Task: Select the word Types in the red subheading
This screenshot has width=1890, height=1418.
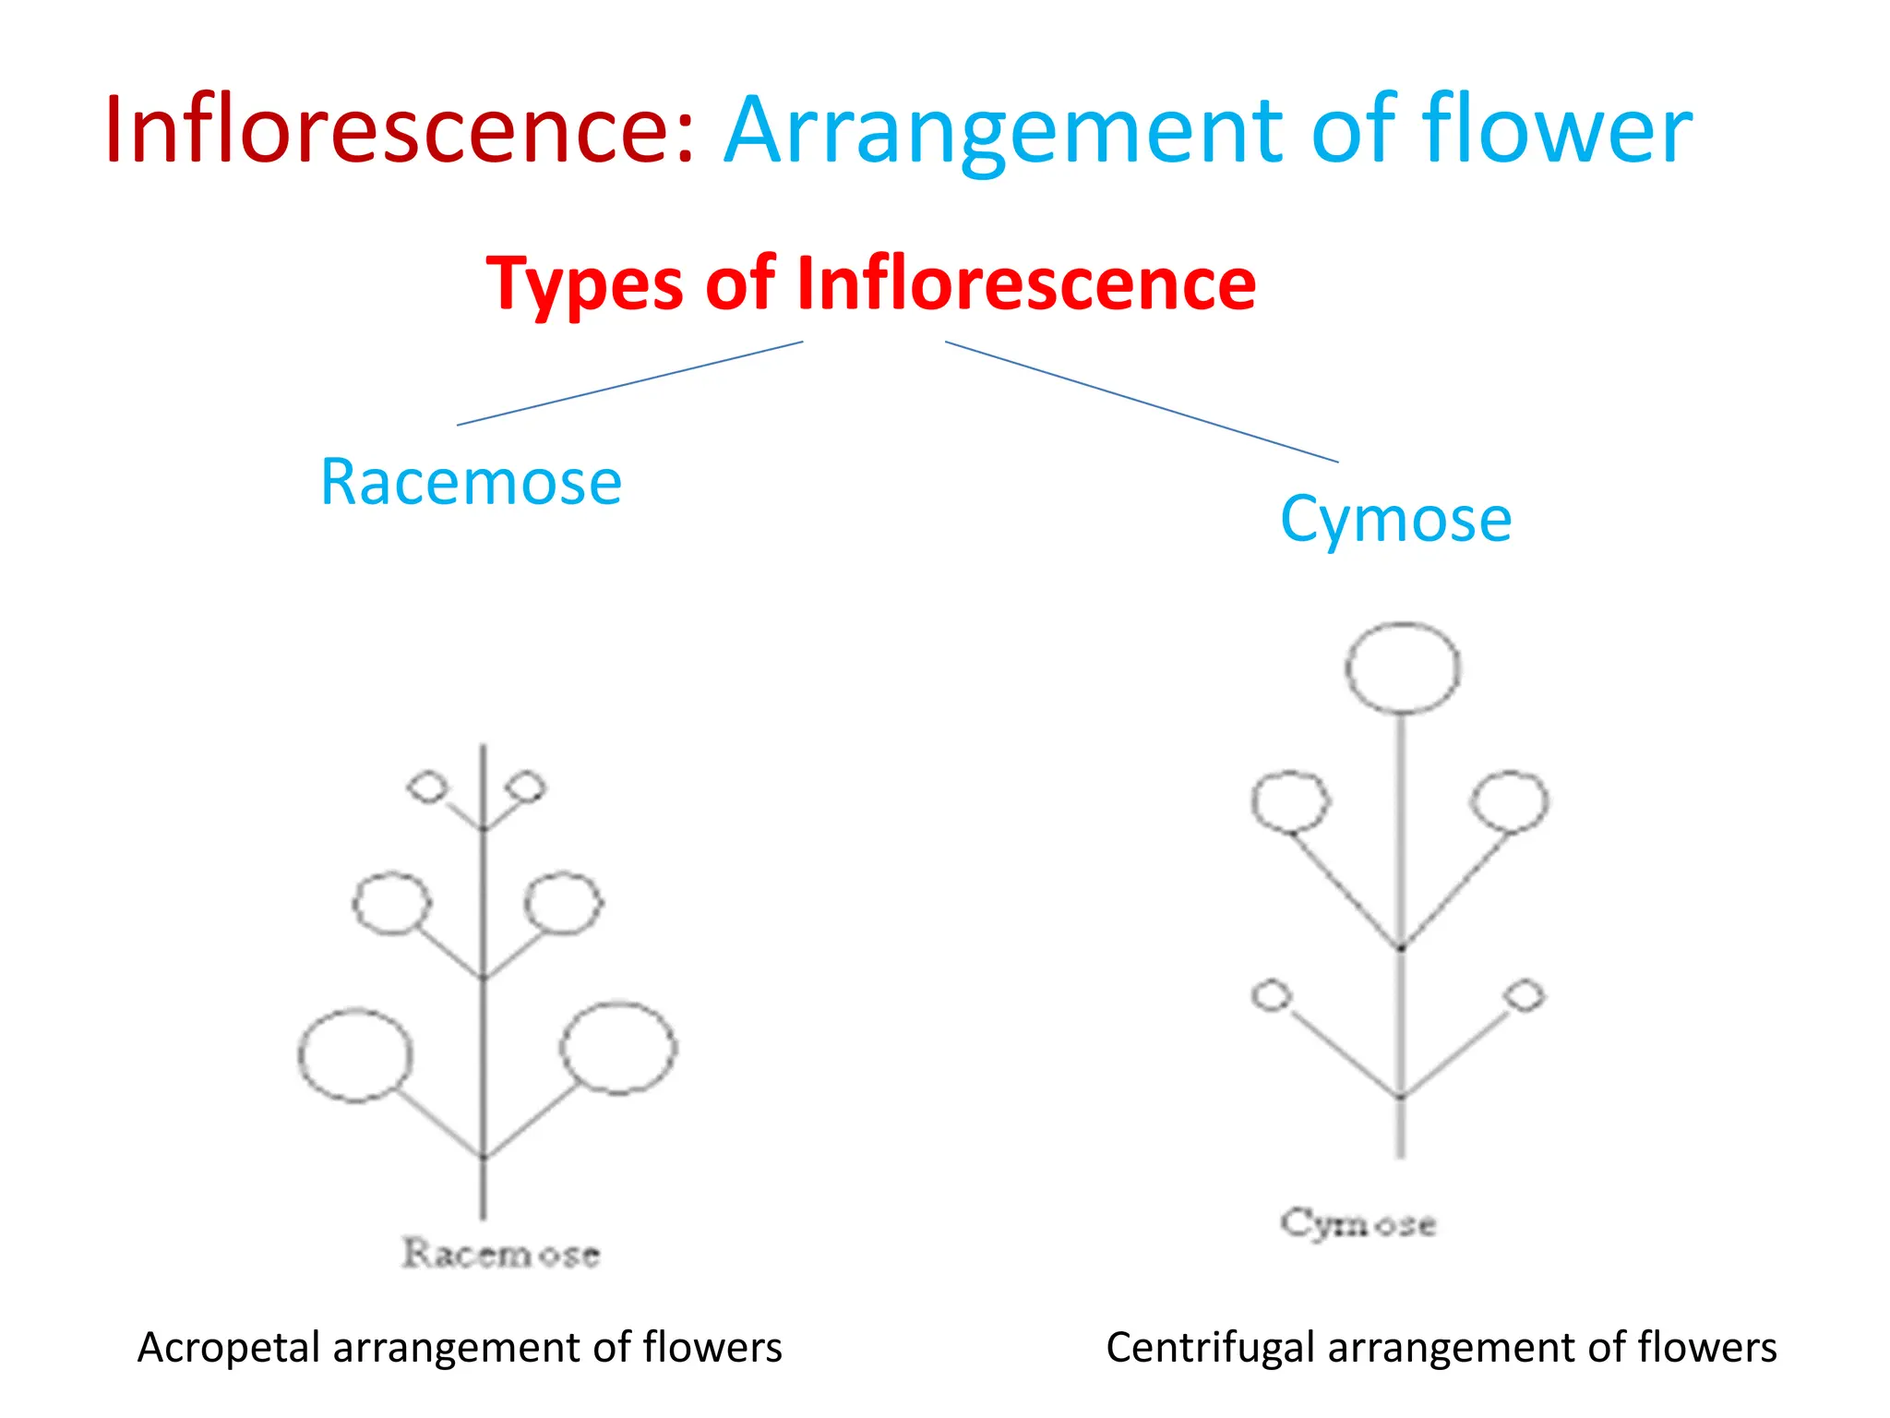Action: point(584,284)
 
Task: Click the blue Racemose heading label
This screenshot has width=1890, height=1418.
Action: point(471,482)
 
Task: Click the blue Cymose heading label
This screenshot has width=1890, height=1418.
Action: point(1395,519)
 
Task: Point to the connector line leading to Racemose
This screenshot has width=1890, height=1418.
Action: point(629,383)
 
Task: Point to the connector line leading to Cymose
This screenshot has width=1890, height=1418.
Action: point(1141,402)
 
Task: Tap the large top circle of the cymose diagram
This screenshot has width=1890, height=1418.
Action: point(1403,667)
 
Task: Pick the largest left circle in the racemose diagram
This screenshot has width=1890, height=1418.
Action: point(355,1055)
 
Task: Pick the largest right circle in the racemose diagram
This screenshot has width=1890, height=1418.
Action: point(618,1048)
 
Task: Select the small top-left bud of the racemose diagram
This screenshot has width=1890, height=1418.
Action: point(427,787)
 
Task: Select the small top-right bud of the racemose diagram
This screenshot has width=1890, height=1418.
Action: point(528,787)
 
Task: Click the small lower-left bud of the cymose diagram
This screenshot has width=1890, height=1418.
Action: point(1272,995)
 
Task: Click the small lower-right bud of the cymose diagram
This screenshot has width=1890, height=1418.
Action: point(1524,995)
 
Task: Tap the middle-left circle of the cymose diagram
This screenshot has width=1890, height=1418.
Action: point(1290,801)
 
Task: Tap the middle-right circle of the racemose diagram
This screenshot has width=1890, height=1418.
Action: point(563,902)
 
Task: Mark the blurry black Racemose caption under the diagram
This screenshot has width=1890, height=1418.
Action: point(501,1254)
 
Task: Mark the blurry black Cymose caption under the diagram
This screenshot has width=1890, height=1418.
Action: point(1358,1224)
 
